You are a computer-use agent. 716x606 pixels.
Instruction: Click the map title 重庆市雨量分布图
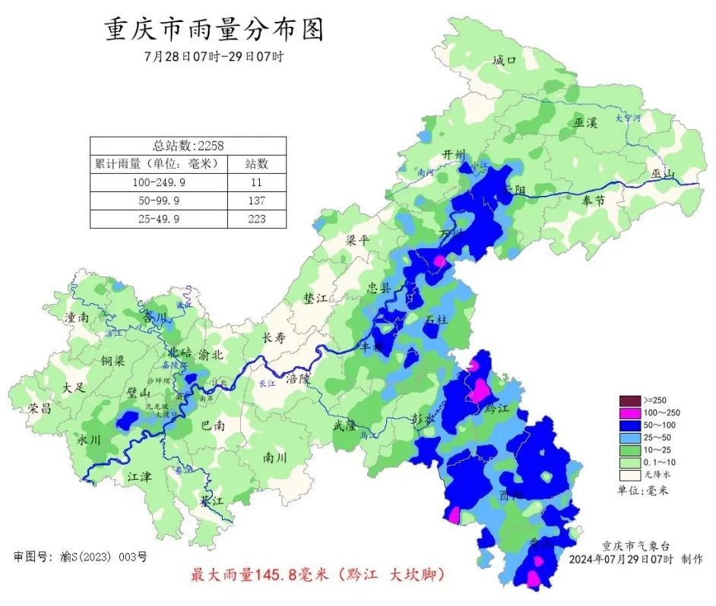click(x=214, y=30)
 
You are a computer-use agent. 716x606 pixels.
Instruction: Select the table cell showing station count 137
click(x=256, y=200)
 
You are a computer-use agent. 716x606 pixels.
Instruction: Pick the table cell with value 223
click(x=256, y=219)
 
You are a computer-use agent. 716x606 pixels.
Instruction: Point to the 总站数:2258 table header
click(x=188, y=145)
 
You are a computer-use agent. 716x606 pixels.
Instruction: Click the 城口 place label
click(x=504, y=60)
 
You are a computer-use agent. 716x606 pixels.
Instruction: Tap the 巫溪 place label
click(x=585, y=122)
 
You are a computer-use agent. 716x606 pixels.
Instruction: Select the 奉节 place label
click(x=592, y=201)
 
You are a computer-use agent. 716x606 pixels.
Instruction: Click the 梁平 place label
click(x=357, y=240)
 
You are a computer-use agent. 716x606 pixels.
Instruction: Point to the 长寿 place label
click(x=273, y=339)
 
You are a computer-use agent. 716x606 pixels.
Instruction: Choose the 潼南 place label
click(x=78, y=317)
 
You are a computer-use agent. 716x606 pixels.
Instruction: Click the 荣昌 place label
click(x=40, y=409)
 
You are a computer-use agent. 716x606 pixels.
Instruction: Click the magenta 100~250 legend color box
click(x=629, y=412)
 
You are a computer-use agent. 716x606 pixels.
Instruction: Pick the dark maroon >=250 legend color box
click(x=629, y=400)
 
